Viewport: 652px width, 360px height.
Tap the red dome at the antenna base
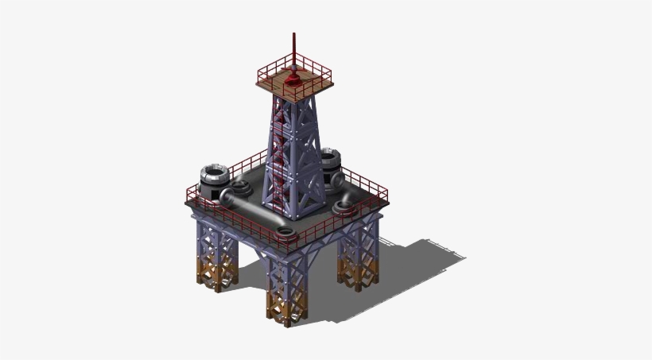point(294,78)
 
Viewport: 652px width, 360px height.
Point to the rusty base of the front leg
point(286,306)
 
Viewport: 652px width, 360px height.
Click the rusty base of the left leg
point(217,274)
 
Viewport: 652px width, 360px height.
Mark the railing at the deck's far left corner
point(191,194)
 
